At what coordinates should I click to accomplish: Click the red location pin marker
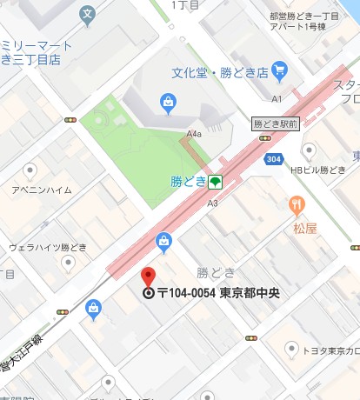(x=148, y=277)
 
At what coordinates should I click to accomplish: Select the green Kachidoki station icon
(x=215, y=182)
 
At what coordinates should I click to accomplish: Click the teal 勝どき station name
(x=189, y=182)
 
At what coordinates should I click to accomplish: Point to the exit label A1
(x=277, y=99)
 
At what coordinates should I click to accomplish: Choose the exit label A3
(x=212, y=203)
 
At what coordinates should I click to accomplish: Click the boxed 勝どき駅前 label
(x=276, y=124)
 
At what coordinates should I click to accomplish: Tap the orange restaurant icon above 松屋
(x=297, y=205)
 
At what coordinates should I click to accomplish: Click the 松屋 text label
(x=305, y=229)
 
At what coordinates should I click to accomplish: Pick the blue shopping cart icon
(x=279, y=69)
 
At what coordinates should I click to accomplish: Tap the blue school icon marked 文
(x=87, y=14)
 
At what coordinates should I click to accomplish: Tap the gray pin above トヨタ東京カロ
(x=291, y=348)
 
